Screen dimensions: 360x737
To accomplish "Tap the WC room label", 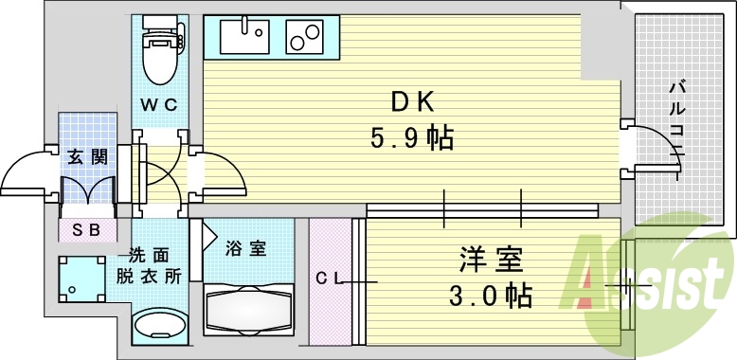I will [158, 105].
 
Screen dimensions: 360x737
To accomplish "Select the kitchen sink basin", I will [243, 39].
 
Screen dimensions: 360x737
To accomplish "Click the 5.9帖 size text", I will [409, 139].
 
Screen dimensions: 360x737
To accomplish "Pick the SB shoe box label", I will [86, 229].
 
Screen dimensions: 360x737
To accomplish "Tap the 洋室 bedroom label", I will [490, 257].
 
